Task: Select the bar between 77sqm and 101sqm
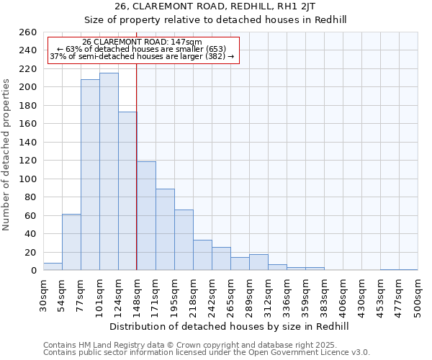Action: [90, 175]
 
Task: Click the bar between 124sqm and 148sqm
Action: [127, 191]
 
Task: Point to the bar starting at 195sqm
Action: [184, 240]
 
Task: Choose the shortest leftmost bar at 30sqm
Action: [53, 266]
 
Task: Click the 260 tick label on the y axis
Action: [27, 32]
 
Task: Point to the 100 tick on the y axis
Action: [27, 179]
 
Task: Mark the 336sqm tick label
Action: [287, 295]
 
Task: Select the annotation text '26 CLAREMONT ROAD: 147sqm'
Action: [142, 42]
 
